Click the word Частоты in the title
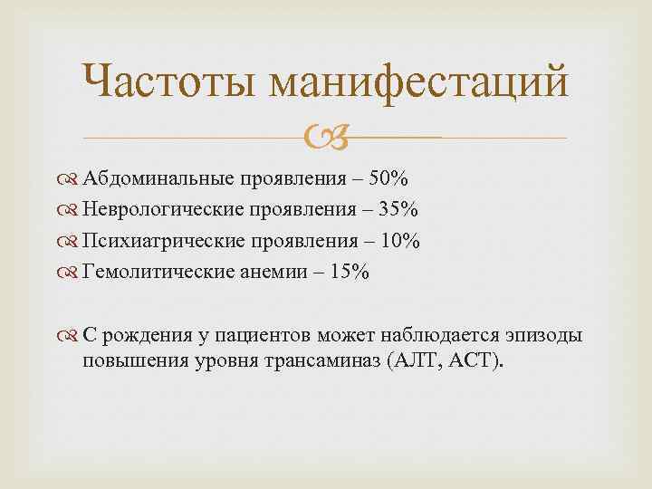pos(168,83)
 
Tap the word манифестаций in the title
pos(421,83)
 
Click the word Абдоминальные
pos(159,177)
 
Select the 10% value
pos(400,242)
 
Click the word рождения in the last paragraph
pos(141,337)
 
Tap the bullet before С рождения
pos(72,337)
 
